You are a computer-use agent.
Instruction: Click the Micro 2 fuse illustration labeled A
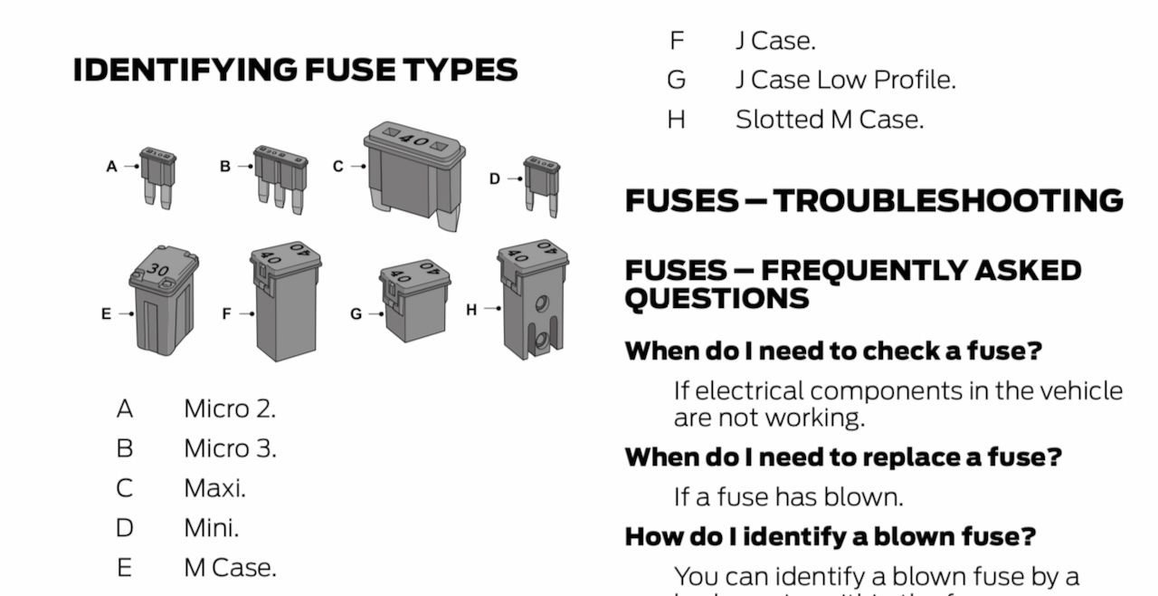point(157,176)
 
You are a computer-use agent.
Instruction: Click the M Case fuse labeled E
point(163,303)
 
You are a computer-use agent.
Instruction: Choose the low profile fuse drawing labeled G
point(415,300)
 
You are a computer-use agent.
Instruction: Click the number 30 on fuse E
point(158,269)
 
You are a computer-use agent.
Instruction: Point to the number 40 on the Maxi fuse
point(413,141)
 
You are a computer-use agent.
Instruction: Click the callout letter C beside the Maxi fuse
point(337,167)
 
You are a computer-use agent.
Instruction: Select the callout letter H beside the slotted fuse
point(471,310)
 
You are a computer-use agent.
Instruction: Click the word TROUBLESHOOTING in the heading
point(948,200)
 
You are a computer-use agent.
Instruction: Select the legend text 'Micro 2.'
point(230,409)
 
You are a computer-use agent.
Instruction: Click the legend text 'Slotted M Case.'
point(830,120)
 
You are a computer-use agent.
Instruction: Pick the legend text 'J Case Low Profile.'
point(845,80)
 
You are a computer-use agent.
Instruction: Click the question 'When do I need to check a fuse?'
point(833,351)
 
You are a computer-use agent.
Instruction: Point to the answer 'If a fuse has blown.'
point(788,496)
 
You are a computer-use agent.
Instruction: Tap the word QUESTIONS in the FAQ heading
point(717,298)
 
